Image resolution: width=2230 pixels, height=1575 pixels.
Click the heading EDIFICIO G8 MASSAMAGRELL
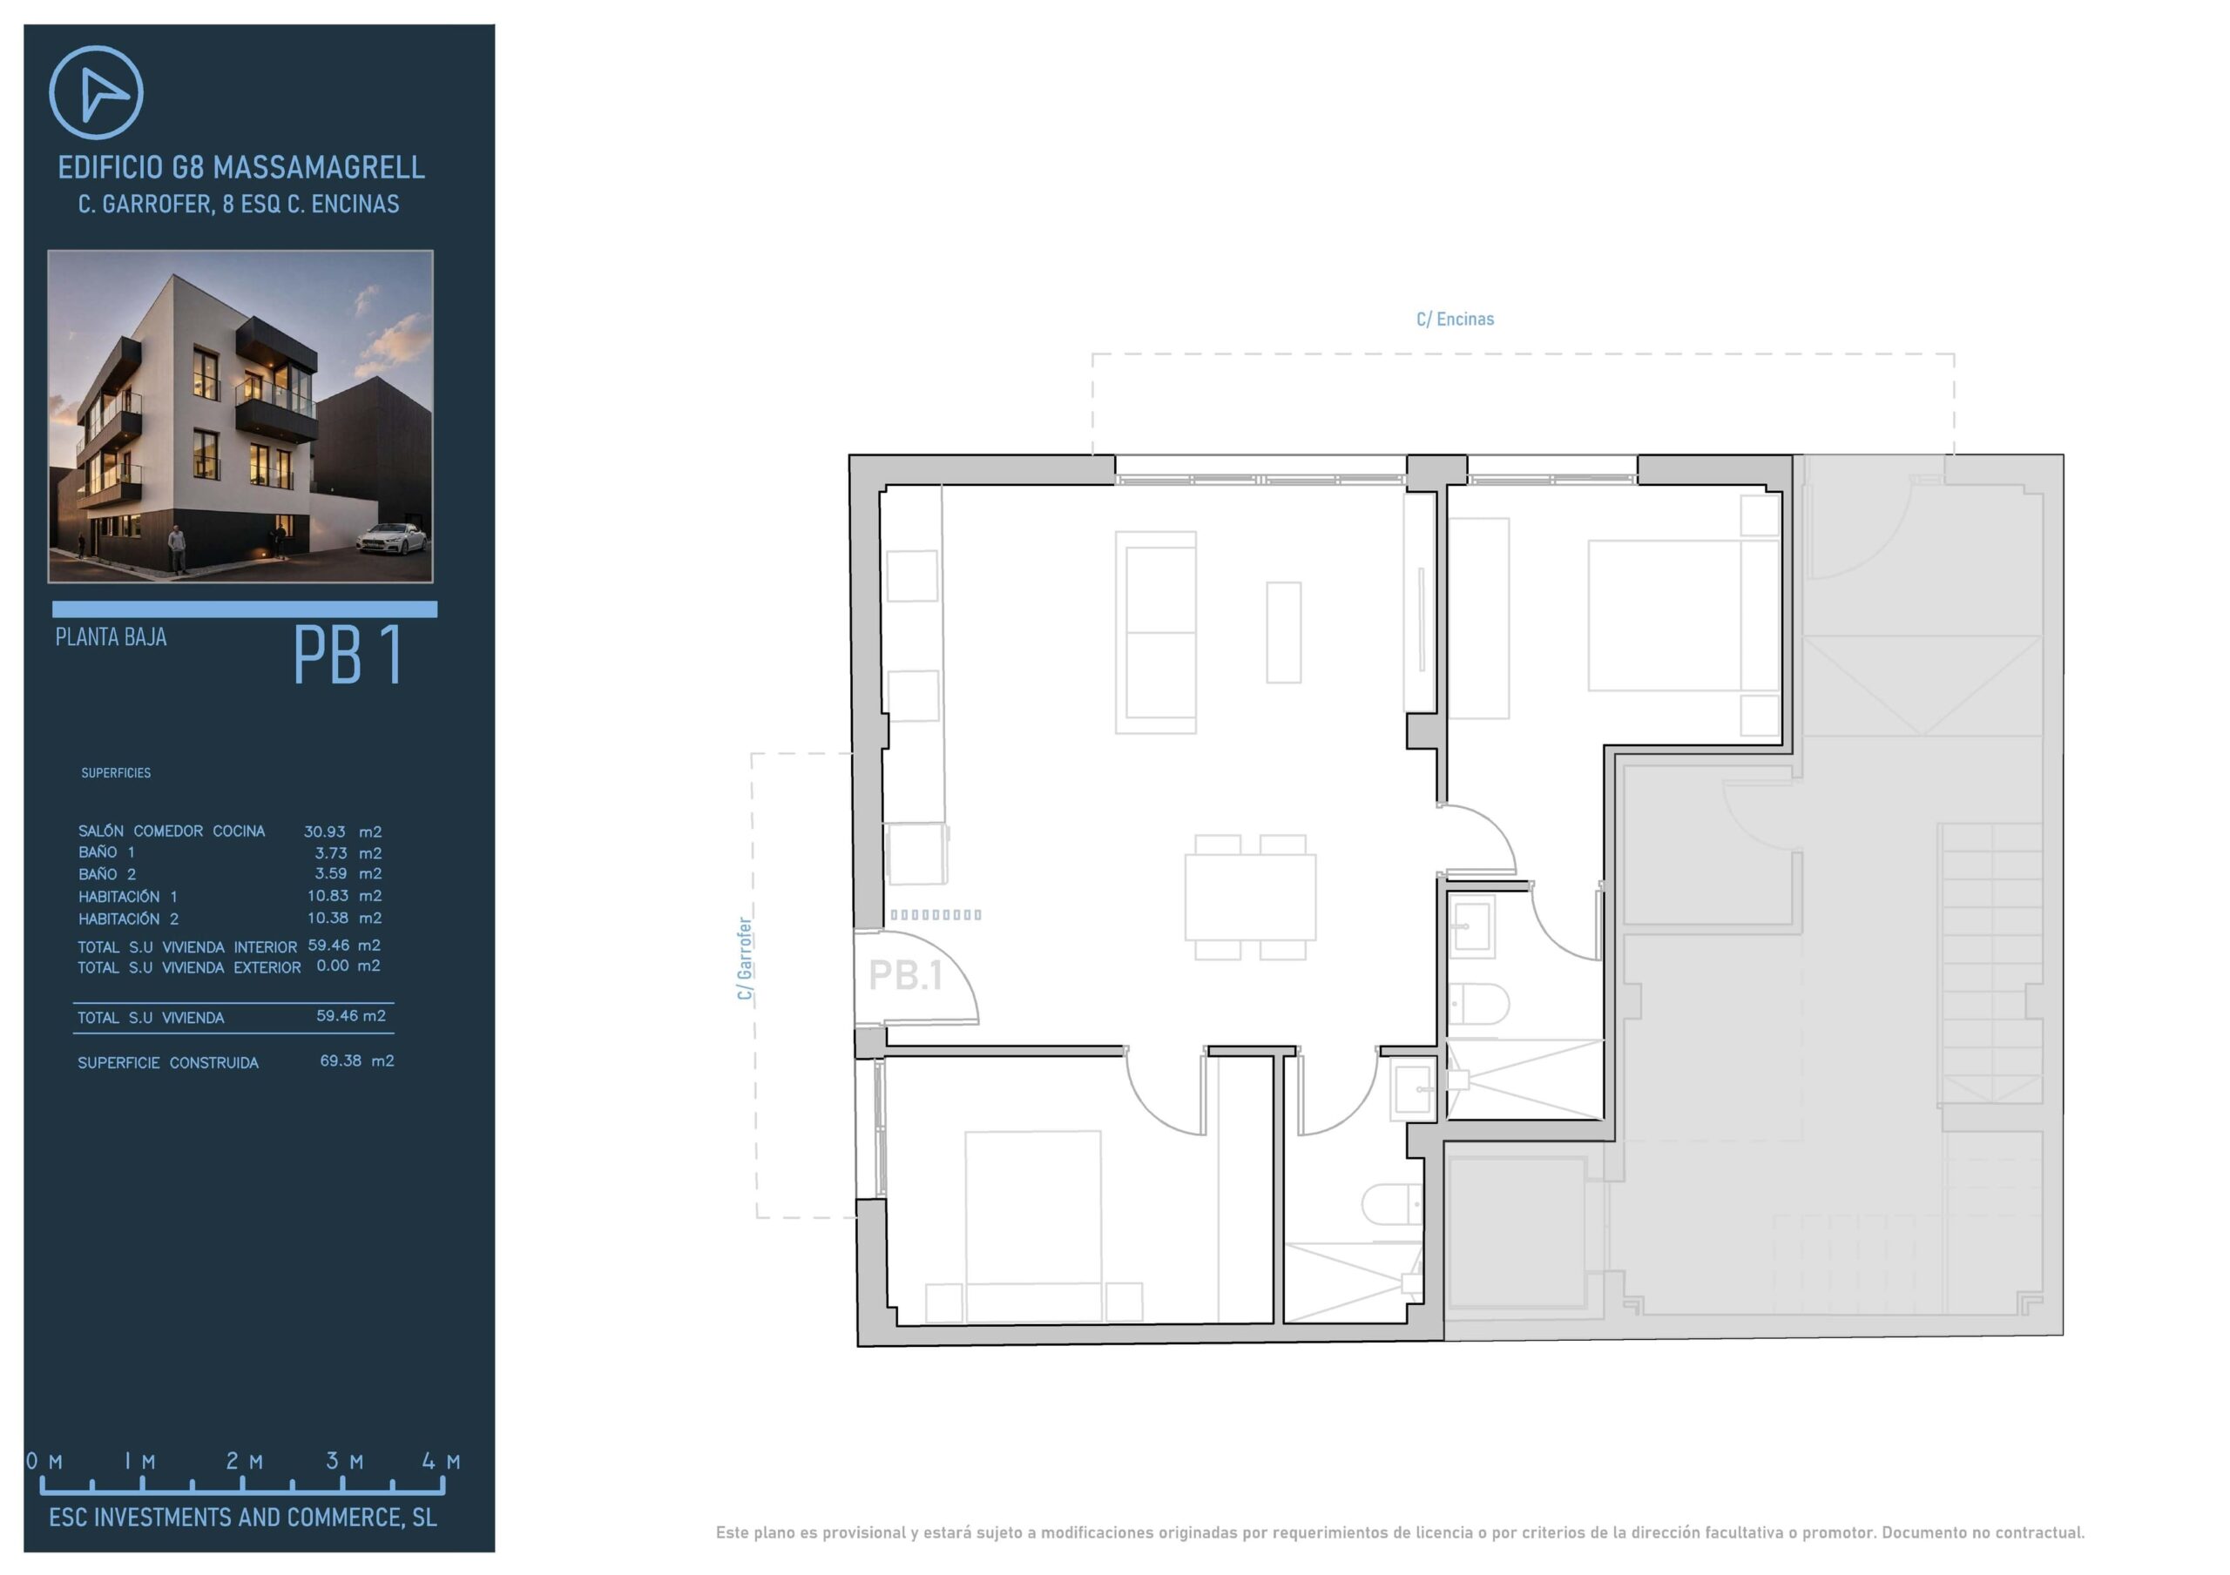[241, 168]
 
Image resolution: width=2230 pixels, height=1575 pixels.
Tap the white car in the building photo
[391, 537]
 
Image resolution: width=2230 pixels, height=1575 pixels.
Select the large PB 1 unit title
[348, 656]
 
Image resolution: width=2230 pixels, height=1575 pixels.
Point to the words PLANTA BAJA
[111, 637]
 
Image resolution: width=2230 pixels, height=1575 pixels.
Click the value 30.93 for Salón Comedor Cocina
[324, 831]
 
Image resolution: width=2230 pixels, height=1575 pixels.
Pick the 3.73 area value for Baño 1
[330, 852]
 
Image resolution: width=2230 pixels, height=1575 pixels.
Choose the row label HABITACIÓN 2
[128, 918]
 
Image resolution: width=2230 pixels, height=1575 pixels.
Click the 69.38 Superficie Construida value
[340, 1060]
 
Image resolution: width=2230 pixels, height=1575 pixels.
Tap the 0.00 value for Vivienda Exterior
[332, 966]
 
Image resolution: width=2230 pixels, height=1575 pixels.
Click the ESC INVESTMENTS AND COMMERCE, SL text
[243, 1517]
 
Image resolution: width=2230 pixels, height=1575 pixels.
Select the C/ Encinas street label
[1455, 319]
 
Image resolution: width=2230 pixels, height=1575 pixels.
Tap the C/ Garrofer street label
[744, 959]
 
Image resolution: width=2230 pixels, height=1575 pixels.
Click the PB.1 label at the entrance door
[905, 975]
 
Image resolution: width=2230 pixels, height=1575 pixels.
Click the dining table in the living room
[1250, 898]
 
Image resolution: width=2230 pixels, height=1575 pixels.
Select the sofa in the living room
[1156, 632]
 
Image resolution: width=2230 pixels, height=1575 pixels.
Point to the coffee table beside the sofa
[1283, 632]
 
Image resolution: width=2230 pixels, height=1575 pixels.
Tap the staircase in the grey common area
[1990, 966]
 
